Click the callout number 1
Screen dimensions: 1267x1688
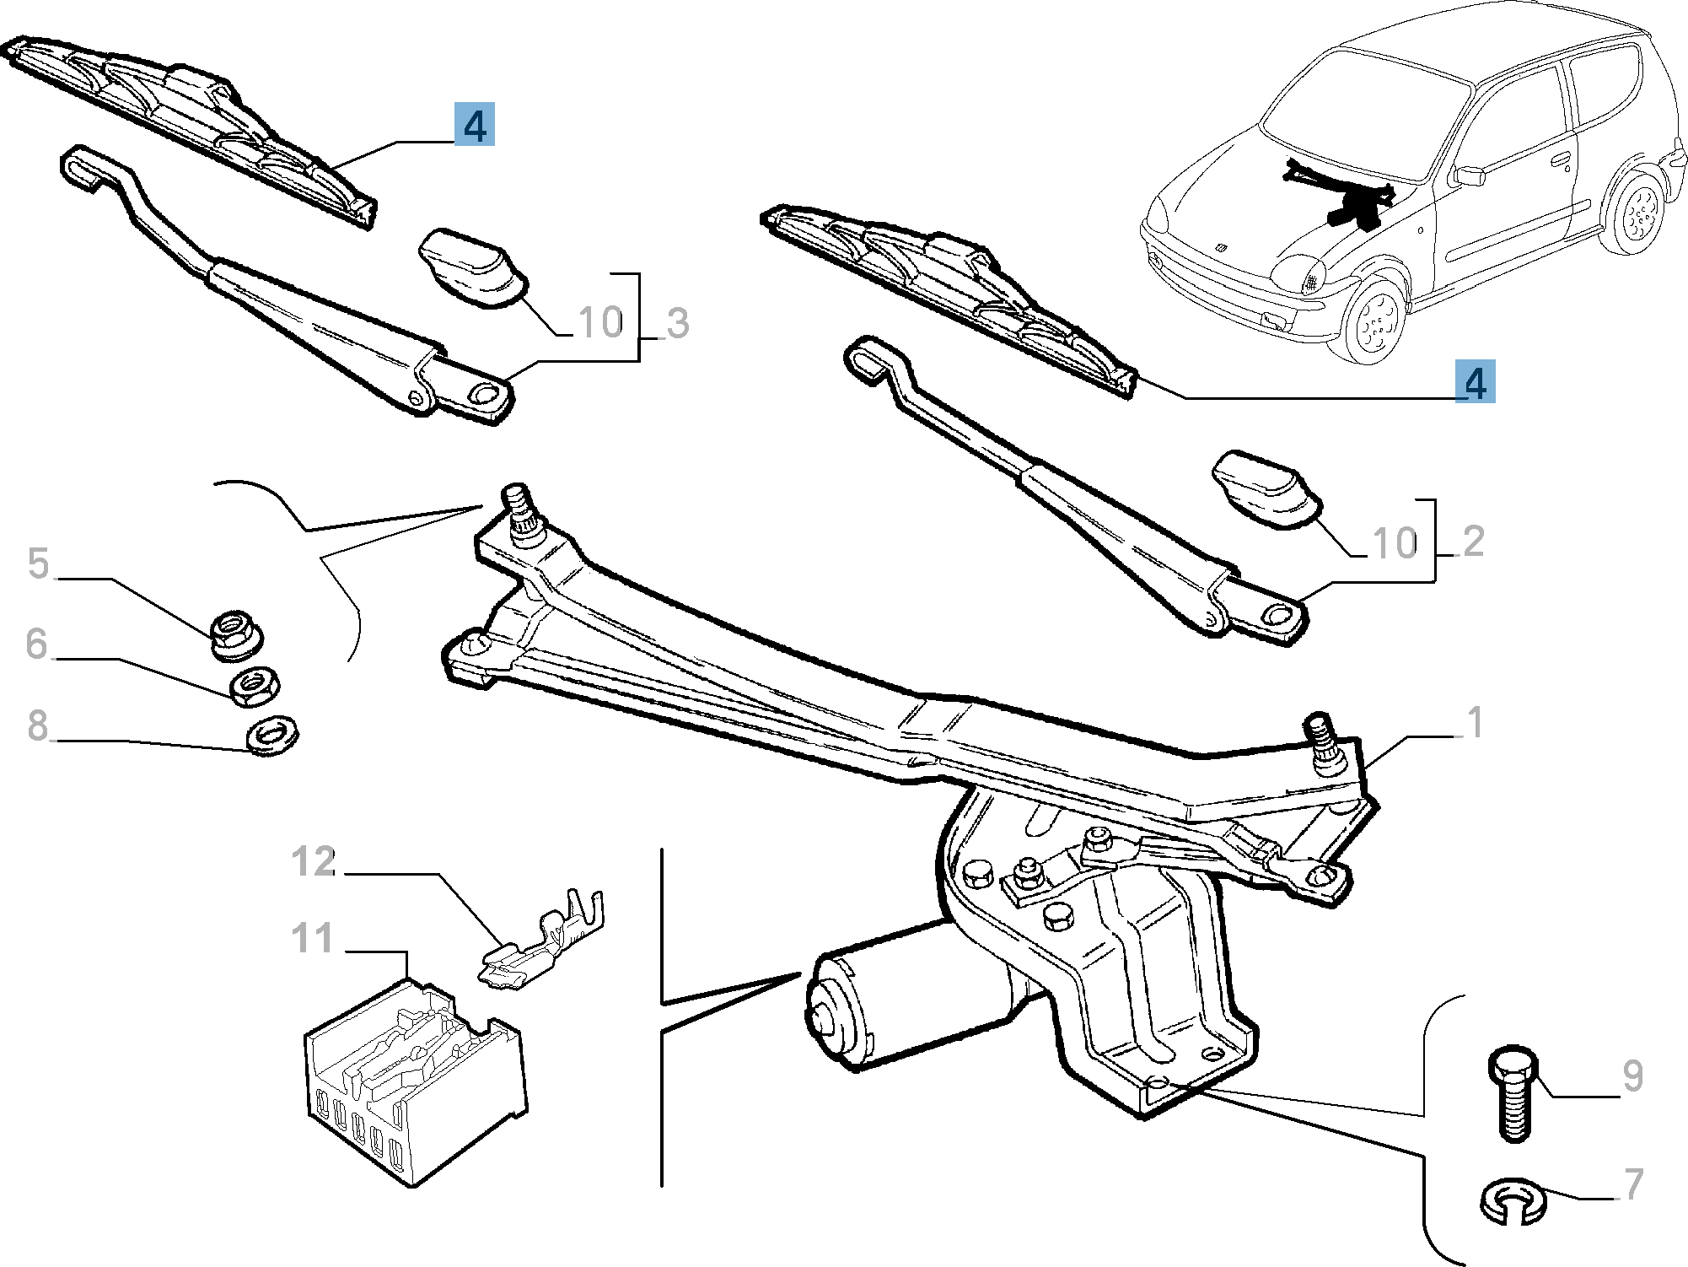(x=1474, y=723)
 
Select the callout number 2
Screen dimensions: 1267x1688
(x=1473, y=542)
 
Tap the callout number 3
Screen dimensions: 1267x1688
(x=677, y=324)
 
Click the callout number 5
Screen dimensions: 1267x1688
(x=39, y=563)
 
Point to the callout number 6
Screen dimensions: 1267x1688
(x=36, y=644)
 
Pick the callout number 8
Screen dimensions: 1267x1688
(x=38, y=725)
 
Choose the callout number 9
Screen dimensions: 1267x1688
(x=1633, y=1076)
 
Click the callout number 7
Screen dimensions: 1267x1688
(x=1634, y=1183)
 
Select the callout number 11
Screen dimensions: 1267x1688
(x=312, y=939)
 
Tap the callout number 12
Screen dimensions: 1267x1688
(x=314, y=862)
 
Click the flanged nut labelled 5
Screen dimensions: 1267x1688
(x=235, y=634)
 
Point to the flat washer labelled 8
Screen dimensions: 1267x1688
(x=271, y=736)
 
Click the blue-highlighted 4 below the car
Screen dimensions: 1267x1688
(x=1475, y=381)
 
